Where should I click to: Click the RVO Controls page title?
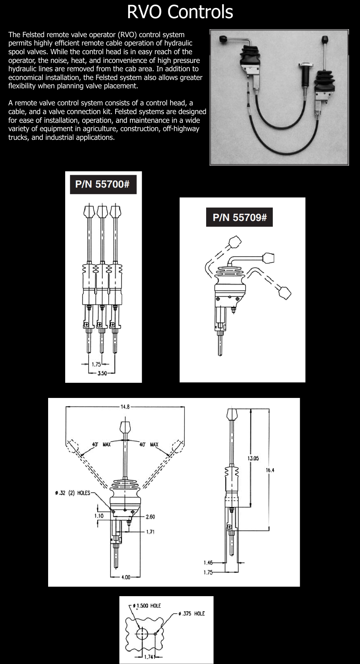tap(180, 12)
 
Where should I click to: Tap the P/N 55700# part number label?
tap(103, 184)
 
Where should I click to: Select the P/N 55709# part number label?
tap(239, 217)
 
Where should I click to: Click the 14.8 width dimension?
tap(125, 407)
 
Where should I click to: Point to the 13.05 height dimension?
tap(254, 458)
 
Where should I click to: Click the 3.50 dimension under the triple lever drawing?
tap(102, 373)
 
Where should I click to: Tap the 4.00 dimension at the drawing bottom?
tap(125, 577)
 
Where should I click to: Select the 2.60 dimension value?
tap(150, 517)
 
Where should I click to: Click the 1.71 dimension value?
tap(150, 532)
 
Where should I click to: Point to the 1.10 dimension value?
tap(99, 515)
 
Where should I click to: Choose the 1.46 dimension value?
tap(208, 563)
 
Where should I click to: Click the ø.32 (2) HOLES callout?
tap(72, 493)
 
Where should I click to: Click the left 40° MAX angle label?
tap(101, 444)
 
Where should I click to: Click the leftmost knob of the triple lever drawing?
tap(89, 210)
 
